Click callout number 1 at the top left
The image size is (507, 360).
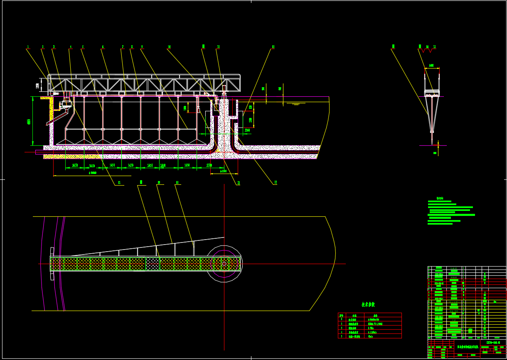[28, 47]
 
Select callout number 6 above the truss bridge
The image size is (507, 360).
[103, 47]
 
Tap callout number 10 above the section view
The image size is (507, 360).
[169, 47]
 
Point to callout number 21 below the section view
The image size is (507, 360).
[119, 183]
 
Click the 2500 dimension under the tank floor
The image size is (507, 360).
[209, 165]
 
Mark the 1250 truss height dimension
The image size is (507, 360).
[38, 86]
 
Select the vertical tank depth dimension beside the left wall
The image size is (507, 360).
[29, 122]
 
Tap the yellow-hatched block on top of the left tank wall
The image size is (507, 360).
[45, 98]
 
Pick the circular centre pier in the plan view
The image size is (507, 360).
[224, 264]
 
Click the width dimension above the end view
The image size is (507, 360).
[431, 66]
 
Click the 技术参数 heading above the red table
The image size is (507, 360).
[368, 305]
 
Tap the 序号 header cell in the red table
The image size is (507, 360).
[342, 316]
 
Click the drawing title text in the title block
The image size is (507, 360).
[468, 346]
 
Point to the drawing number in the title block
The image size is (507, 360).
[493, 342]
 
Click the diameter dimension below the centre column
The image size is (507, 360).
[224, 171]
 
